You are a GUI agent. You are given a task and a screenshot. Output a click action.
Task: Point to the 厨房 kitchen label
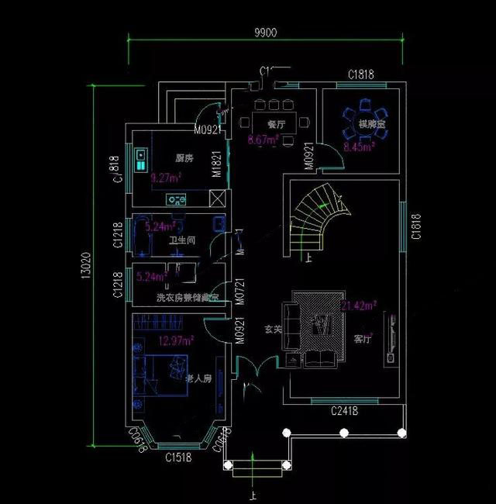click(184, 158)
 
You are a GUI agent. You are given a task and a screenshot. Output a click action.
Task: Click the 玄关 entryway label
click(273, 330)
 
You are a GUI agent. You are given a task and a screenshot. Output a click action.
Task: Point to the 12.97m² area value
click(177, 340)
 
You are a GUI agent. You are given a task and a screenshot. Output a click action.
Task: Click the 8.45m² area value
click(359, 145)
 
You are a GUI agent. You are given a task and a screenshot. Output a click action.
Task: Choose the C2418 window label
click(343, 410)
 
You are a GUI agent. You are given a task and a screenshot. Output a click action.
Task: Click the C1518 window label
click(177, 457)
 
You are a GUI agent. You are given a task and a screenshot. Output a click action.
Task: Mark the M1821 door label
click(218, 164)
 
